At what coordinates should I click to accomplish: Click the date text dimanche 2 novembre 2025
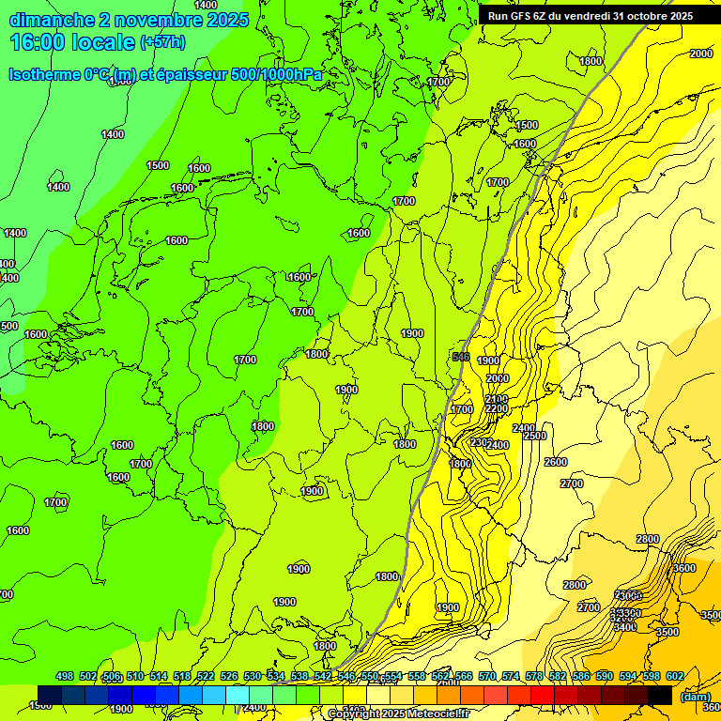[x=129, y=20]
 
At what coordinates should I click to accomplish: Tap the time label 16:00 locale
[x=73, y=42]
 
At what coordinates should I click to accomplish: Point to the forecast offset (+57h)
[x=162, y=42]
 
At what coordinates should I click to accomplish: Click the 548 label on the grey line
[x=461, y=357]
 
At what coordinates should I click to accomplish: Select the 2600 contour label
[x=556, y=462]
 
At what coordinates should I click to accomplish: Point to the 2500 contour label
[x=535, y=436]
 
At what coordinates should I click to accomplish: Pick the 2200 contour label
[x=497, y=408]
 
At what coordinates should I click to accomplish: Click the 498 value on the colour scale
[x=65, y=676]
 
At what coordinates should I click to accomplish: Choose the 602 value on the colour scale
[x=674, y=676]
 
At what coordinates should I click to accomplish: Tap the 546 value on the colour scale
[x=345, y=676]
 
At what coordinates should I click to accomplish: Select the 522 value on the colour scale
[x=206, y=676]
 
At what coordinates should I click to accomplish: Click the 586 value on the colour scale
[x=580, y=676]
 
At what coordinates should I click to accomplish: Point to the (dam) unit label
[x=695, y=696]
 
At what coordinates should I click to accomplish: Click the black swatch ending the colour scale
[x=660, y=695]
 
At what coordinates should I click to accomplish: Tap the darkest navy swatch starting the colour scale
[x=50, y=695]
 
